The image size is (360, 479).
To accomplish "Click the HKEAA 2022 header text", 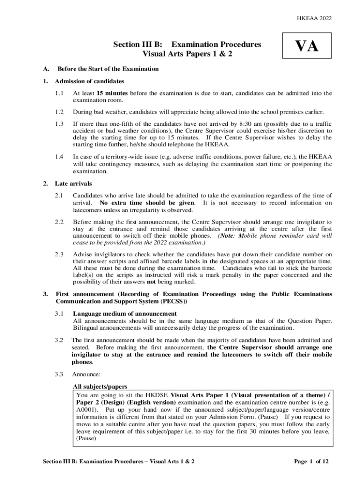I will coord(314,18).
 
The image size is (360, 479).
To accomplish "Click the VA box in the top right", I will coord(307,47).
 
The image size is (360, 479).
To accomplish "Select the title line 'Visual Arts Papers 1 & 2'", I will coord(187,54).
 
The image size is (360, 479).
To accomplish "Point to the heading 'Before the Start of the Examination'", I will coord(108,69).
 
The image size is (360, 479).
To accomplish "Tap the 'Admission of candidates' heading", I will coord(89,81).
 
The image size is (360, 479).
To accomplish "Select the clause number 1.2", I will coord(58,112).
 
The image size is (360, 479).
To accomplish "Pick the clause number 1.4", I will coord(58,157).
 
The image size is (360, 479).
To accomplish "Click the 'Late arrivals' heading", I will coord(74,183).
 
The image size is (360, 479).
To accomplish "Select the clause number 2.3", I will coord(58,254).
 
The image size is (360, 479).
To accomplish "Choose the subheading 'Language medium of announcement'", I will coord(125,313).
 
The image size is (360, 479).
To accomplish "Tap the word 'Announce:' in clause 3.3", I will coord(86,374).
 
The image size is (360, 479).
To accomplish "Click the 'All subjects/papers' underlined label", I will coord(100,387).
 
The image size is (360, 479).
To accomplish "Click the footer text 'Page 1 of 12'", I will coord(311,461).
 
